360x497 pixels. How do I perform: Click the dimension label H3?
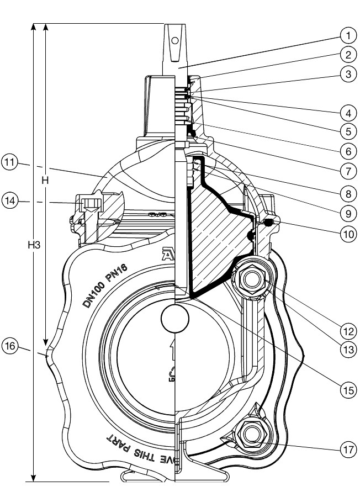34,246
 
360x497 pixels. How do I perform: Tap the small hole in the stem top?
174,40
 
